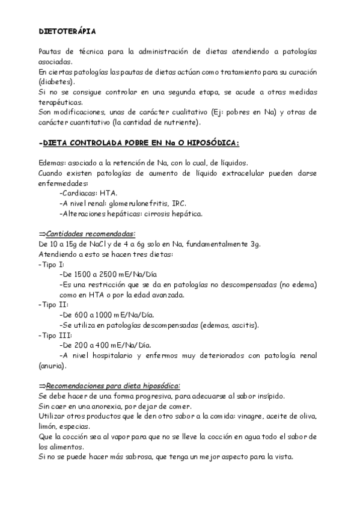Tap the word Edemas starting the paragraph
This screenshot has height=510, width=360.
(50, 164)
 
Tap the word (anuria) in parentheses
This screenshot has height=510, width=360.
(52, 365)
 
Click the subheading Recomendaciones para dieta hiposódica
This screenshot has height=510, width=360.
(112, 386)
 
